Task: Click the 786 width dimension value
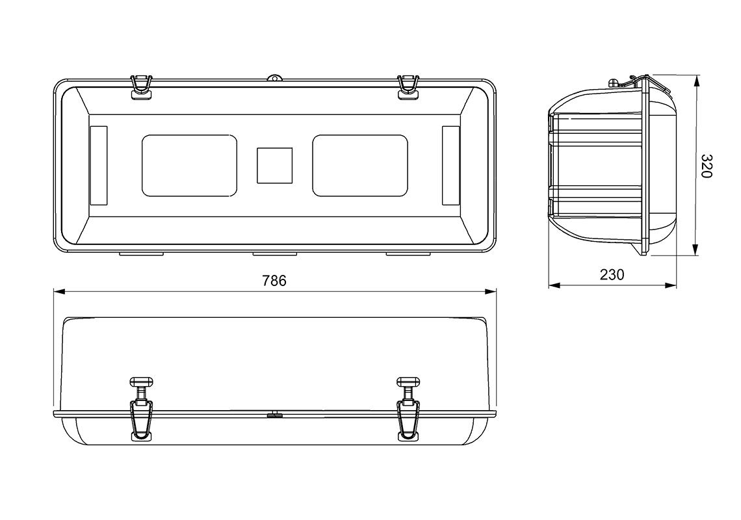point(274,281)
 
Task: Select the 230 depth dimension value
point(612,275)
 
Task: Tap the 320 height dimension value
point(705,166)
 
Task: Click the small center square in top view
point(274,166)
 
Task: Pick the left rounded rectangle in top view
point(190,166)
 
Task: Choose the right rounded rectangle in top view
point(360,166)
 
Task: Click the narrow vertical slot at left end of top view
point(98,166)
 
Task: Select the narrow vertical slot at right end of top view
point(451,166)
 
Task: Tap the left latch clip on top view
point(141,88)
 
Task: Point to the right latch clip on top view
point(409,88)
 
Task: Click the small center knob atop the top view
point(274,77)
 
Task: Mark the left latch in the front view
point(142,409)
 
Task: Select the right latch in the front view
point(409,409)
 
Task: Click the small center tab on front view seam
point(274,415)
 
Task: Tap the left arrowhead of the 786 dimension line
point(58,292)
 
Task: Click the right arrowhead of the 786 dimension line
point(491,292)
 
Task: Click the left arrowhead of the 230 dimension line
point(554,285)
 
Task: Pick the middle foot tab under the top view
point(274,254)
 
